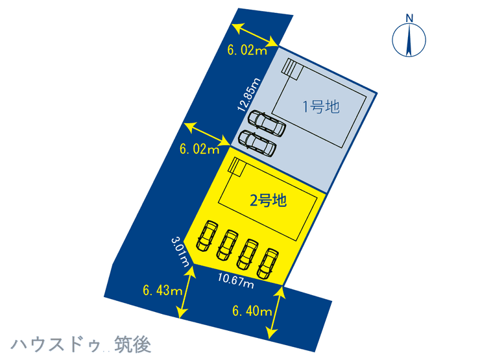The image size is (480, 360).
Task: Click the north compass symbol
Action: point(409,39)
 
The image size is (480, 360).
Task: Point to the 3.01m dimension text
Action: point(180,252)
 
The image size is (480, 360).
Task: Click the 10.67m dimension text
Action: point(235,280)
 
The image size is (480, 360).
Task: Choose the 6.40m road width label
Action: point(252,312)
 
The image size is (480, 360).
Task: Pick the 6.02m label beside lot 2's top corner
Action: point(199,150)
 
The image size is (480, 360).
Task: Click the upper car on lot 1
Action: point(267,123)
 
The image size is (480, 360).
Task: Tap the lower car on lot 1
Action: point(258,143)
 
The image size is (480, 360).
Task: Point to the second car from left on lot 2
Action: point(228,244)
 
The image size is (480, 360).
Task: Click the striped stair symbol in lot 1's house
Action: point(293,69)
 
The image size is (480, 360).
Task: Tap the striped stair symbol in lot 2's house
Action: point(236,167)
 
